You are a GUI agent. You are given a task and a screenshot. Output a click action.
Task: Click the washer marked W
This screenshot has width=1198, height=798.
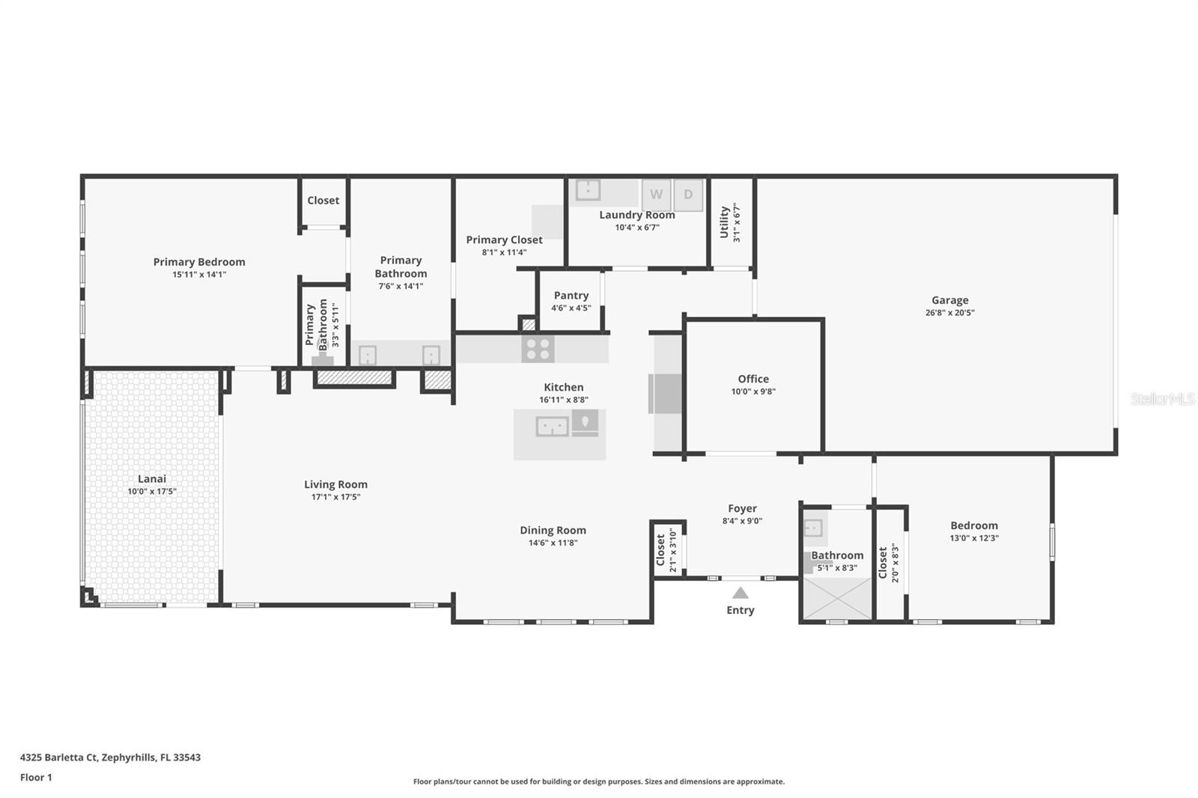[656, 195]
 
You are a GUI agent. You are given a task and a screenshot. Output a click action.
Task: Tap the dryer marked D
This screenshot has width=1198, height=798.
[688, 195]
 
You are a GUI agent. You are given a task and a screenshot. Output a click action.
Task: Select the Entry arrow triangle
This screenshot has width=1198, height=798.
[741, 593]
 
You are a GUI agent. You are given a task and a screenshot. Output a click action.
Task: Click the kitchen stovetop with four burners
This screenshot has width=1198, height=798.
[538, 350]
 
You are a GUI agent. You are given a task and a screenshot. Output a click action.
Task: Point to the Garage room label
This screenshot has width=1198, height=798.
[950, 300]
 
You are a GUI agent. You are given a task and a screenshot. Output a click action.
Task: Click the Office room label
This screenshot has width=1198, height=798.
[753, 379]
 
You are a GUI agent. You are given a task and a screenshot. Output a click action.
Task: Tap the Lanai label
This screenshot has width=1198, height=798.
[152, 478]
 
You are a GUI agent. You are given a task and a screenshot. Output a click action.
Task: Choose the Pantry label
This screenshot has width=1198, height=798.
[571, 295]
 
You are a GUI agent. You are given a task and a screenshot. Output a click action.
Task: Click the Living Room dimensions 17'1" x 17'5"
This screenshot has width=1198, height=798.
[336, 497]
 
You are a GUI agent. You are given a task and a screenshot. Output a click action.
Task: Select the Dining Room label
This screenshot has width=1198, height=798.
[553, 530]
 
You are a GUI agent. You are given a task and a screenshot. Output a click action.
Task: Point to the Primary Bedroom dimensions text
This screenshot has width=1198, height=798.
[199, 275]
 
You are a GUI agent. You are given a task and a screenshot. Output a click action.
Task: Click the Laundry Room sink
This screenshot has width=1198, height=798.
[587, 190]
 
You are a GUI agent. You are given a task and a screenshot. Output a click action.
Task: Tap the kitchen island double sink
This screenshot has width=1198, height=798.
[552, 426]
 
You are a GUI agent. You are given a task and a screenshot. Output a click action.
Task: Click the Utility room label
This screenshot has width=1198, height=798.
[724, 222]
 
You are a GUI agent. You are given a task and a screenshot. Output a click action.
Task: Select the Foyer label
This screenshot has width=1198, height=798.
[742, 508]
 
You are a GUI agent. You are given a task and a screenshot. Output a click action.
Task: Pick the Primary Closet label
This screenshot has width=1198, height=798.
[505, 240]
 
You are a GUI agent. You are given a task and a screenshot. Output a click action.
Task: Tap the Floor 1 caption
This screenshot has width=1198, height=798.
[36, 777]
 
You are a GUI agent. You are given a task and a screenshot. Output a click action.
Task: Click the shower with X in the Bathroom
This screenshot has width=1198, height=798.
[838, 599]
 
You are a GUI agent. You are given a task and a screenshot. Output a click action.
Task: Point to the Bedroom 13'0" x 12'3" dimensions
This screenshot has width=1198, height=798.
[974, 538]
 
